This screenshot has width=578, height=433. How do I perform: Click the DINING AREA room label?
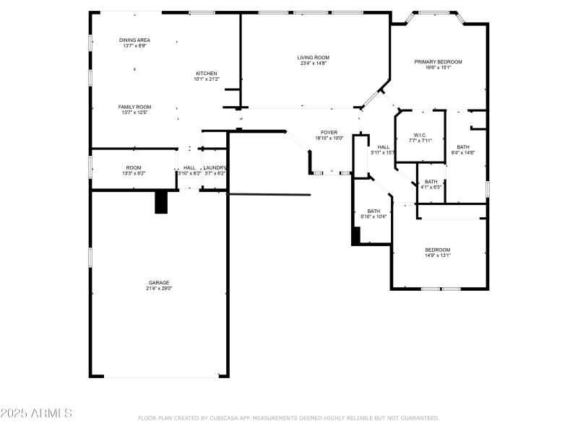134,40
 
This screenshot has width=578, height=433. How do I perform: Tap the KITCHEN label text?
206,74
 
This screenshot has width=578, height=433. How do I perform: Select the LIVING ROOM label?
313,58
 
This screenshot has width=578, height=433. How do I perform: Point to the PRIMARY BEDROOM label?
438,62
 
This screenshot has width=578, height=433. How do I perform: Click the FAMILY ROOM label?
134,107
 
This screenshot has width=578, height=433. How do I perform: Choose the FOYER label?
329,132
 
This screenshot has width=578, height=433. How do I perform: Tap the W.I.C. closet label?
420,135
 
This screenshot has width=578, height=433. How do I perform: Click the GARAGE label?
159,282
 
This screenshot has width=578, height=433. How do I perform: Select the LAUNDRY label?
215,167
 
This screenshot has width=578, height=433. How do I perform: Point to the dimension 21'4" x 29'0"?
159,289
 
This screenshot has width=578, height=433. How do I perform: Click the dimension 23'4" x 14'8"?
313,64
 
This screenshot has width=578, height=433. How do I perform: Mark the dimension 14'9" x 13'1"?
437,255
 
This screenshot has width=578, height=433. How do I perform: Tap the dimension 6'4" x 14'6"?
462,152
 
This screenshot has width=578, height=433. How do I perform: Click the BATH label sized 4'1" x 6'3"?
431,182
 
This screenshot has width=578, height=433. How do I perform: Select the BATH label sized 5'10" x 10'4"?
374,211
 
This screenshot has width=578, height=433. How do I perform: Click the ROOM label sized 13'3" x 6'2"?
134,167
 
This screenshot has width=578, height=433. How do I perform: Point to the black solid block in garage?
161,202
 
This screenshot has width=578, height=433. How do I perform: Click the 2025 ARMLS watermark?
36,414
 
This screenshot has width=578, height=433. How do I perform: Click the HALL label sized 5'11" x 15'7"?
384,147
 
